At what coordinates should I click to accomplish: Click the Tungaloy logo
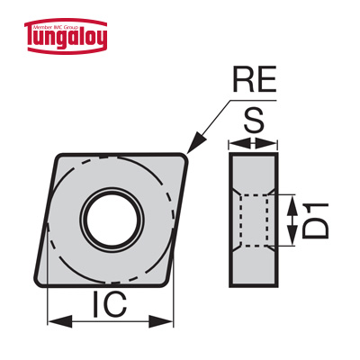[x=66, y=36]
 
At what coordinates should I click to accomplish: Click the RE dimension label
[x=255, y=79]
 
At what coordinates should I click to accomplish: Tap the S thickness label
[x=254, y=121]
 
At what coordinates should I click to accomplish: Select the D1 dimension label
[x=315, y=220]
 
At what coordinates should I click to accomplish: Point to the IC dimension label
[x=110, y=305]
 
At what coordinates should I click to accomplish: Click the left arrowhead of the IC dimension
[x=60, y=321]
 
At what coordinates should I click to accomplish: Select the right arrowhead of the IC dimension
[x=161, y=321]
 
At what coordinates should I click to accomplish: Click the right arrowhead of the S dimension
[x=265, y=143]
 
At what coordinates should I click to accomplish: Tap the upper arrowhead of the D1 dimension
[x=291, y=205]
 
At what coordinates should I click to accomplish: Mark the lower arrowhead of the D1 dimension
[x=291, y=235]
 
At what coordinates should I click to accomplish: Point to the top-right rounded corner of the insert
[x=184, y=157]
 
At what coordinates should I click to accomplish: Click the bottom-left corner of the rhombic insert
[x=39, y=282]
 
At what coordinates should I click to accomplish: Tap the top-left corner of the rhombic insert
[x=59, y=157]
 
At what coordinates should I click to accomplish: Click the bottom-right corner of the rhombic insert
[x=166, y=282]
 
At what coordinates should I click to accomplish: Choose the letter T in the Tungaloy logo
[x=33, y=39]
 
